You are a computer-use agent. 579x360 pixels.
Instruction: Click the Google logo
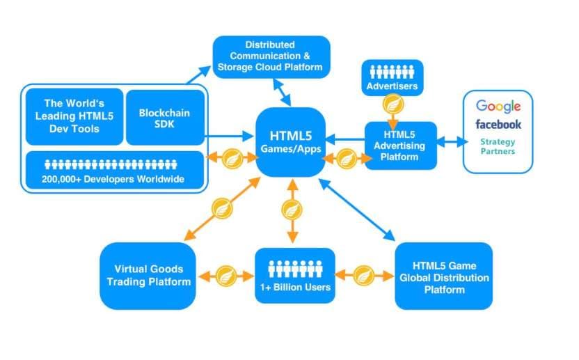498,106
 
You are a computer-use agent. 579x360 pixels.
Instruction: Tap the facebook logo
498,125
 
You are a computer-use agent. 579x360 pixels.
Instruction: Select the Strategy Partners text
498,146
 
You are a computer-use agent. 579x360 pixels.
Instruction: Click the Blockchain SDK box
164,117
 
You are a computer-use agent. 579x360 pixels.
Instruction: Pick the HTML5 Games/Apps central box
290,142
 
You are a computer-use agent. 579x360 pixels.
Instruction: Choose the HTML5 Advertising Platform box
400,145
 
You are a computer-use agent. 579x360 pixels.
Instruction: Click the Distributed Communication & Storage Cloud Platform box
271,56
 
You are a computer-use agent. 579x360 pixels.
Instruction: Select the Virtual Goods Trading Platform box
147,276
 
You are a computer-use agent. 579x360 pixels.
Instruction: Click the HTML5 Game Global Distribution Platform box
443,276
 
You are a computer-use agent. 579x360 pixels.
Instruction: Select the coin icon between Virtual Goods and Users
225,275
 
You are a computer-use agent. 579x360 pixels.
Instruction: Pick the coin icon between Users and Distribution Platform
365,275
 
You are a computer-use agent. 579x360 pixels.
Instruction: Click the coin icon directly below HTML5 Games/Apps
291,210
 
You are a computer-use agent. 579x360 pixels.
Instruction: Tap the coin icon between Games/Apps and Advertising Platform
345,158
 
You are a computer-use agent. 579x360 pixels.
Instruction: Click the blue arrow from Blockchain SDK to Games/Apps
230,136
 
